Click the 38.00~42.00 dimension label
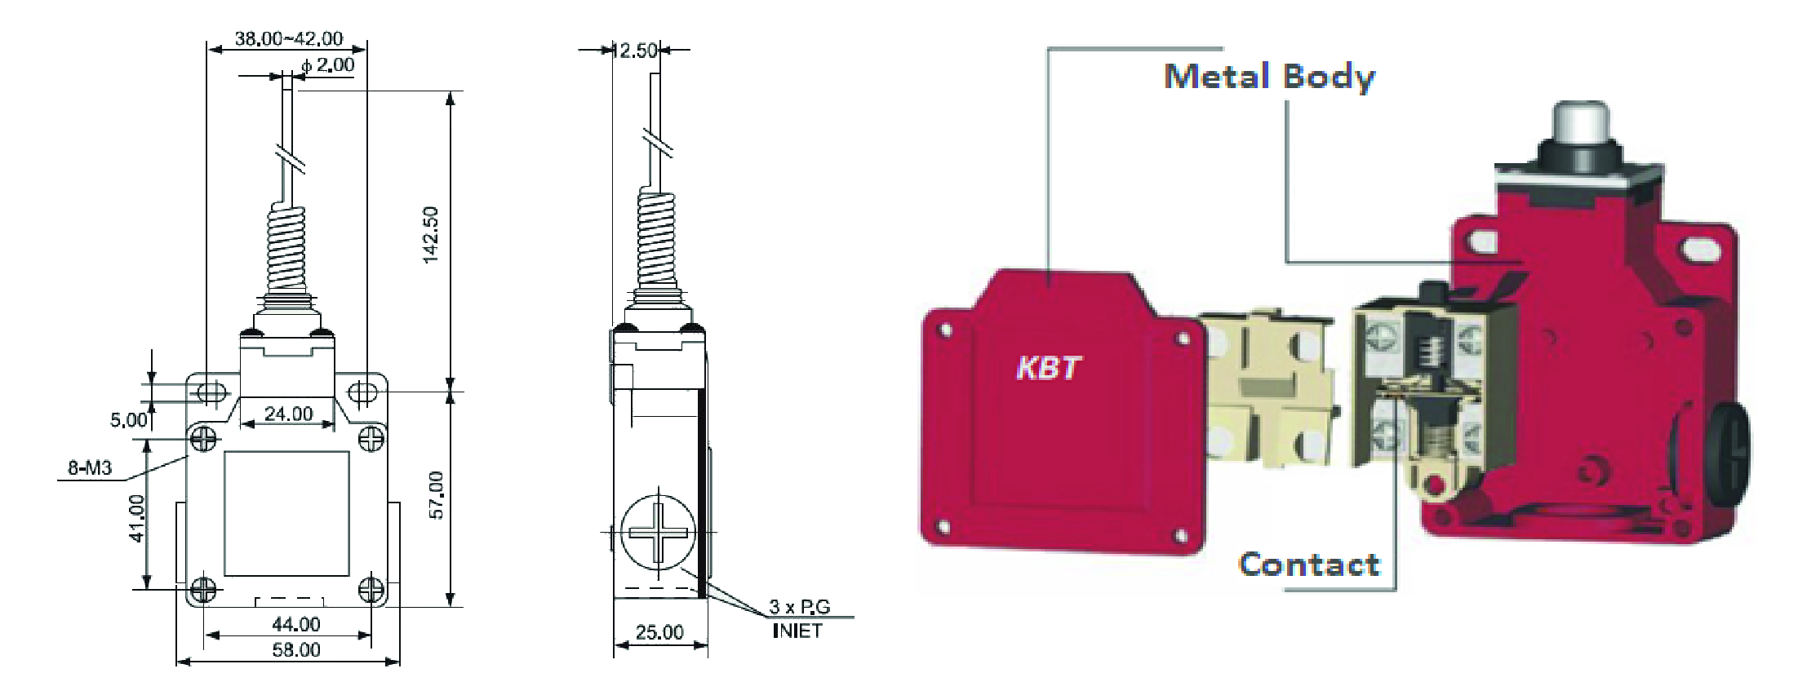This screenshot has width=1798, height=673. coord(289,38)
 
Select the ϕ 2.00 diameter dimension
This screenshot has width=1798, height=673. coord(328,64)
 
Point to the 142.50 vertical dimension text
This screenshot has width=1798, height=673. coord(431,234)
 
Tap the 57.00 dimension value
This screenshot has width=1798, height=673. coord(437,495)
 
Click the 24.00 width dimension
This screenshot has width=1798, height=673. coord(288,414)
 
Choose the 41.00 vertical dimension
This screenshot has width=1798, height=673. coord(136,518)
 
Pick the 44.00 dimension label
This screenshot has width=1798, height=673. coord(295,624)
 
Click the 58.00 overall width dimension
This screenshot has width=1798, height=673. coord(295,650)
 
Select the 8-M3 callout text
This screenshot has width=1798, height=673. coord(90,468)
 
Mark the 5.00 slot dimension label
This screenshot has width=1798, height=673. coord(129,420)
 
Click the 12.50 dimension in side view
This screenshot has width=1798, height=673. coord(635,51)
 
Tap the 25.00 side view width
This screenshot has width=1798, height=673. coord(659,632)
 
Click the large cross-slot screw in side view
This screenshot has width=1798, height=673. coord(658,531)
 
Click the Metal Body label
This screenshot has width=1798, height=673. coord(1269,77)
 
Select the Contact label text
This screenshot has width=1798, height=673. coord(1308,565)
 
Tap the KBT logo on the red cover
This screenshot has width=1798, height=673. coord(1048,368)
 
